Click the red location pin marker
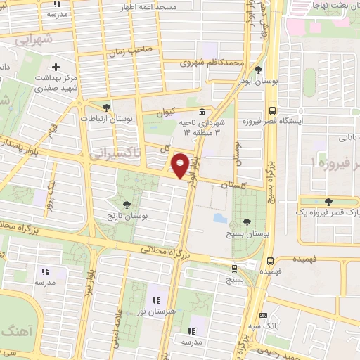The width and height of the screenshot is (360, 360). pyautogui.click(x=181, y=165)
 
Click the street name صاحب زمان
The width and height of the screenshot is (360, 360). pyautogui.click(x=131, y=52)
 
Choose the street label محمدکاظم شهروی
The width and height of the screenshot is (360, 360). pyautogui.click(x=212, y=63)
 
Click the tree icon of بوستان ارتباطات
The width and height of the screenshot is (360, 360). pyautogui.click(x=106, y=108)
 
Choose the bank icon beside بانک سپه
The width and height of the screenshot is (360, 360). pyautogui.click(x=263, y=315)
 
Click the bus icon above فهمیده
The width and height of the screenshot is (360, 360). pyautogui.click(x=267, y=259)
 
